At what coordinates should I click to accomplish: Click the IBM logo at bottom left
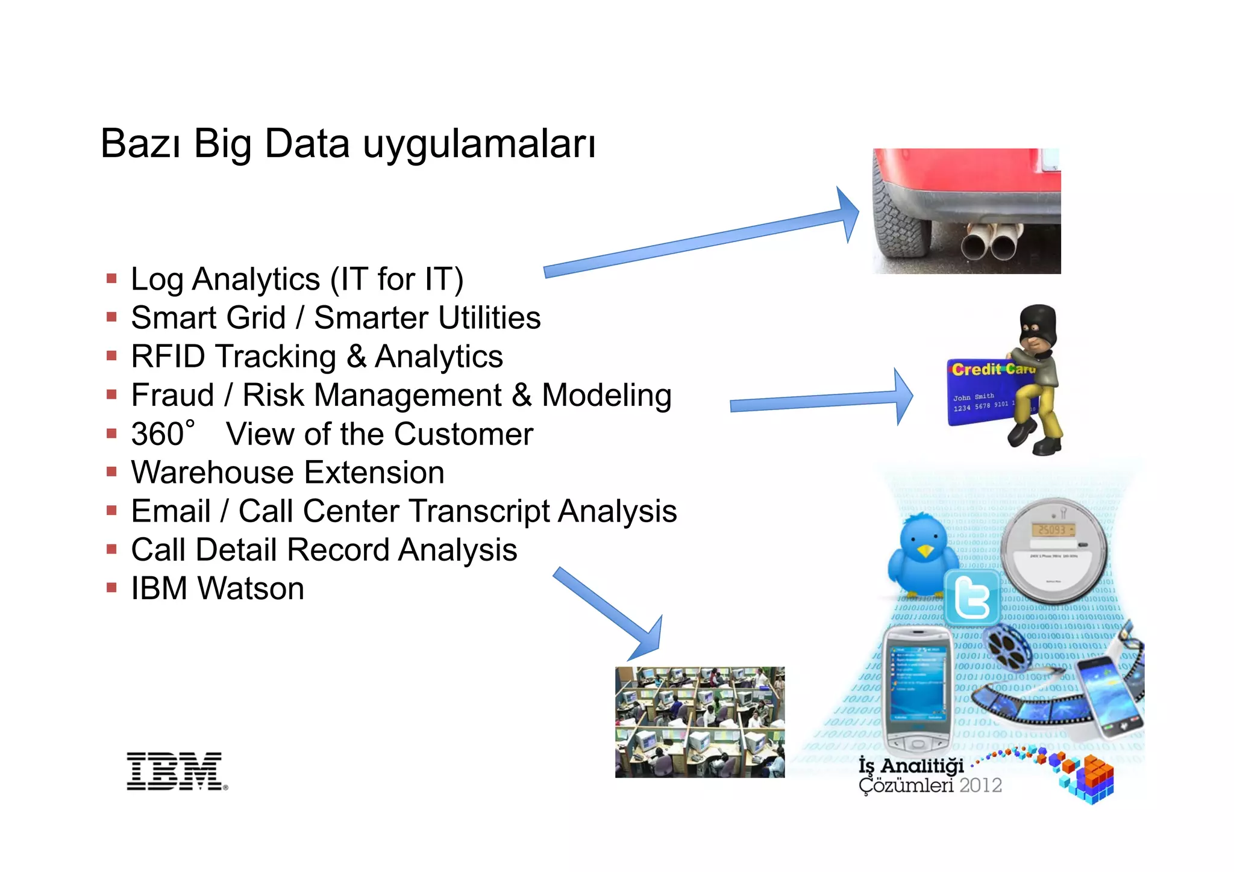click(175, 771)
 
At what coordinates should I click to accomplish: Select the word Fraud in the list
click(173, 396)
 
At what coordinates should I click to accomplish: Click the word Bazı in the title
click(140, 144)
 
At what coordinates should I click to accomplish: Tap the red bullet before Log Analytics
click(111, 279)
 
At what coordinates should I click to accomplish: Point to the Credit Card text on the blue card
click(992, 369)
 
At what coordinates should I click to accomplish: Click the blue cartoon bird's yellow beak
click(924, 550)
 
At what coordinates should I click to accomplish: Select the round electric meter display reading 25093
click(1052, 530)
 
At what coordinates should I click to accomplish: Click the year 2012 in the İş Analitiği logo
click(980, 785)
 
